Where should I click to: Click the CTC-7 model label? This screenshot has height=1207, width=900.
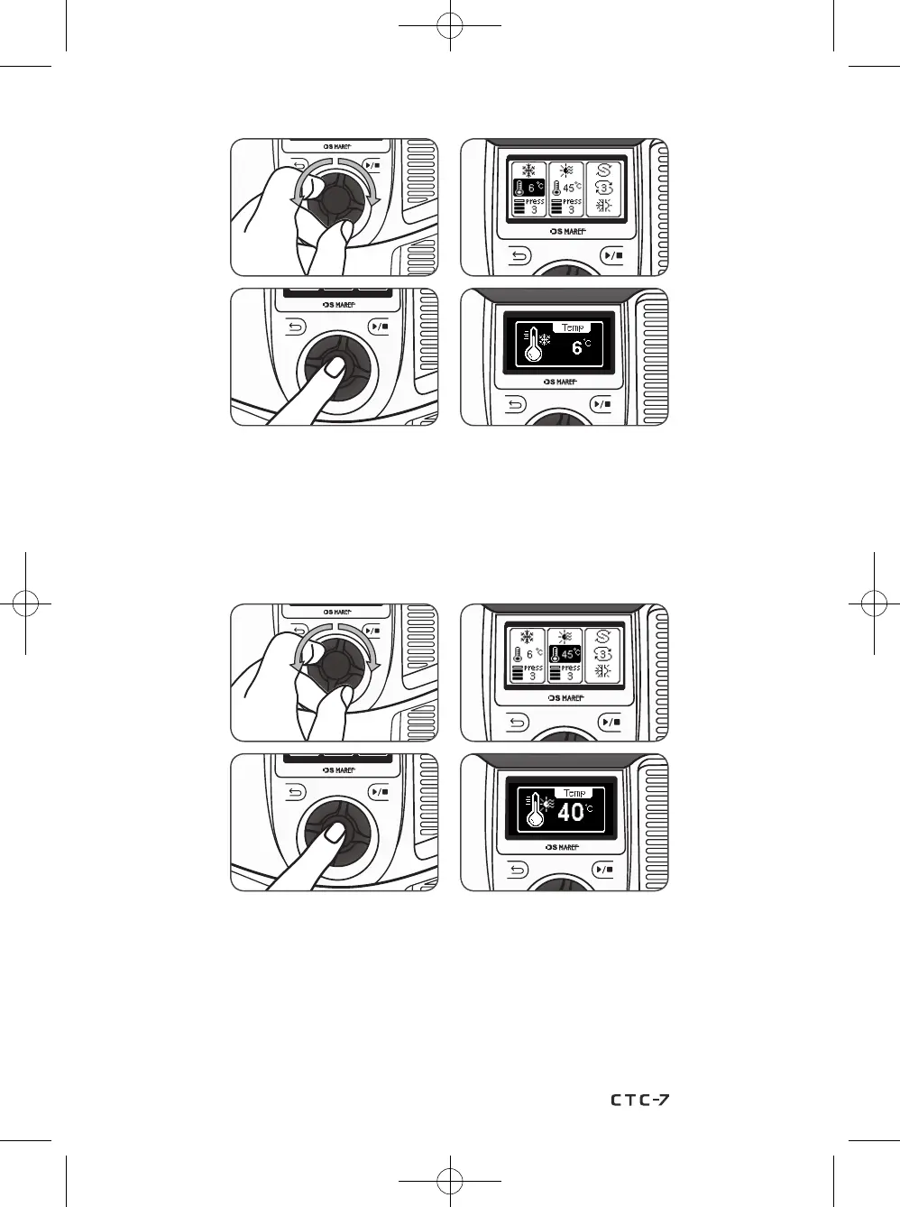pos(639,1100)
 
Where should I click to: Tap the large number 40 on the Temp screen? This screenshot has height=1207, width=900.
pos(570,812)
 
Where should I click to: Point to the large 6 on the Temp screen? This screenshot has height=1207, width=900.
pos(577,348)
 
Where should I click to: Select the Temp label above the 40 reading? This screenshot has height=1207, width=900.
pos(574,793)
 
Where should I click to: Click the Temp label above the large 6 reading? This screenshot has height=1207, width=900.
pos(573,327)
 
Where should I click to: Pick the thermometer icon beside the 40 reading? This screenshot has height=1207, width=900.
pos(535,811)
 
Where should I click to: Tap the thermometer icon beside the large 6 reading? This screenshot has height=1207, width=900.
pos(534,346)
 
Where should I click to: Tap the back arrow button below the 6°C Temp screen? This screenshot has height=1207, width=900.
pos(515,404)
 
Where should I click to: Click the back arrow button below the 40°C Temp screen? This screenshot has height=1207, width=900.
pos(517,870)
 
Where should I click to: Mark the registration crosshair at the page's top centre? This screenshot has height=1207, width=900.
pos(449,26)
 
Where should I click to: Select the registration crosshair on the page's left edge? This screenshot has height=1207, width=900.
pos(26,603)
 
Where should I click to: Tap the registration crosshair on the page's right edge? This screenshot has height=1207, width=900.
pos(873,603)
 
